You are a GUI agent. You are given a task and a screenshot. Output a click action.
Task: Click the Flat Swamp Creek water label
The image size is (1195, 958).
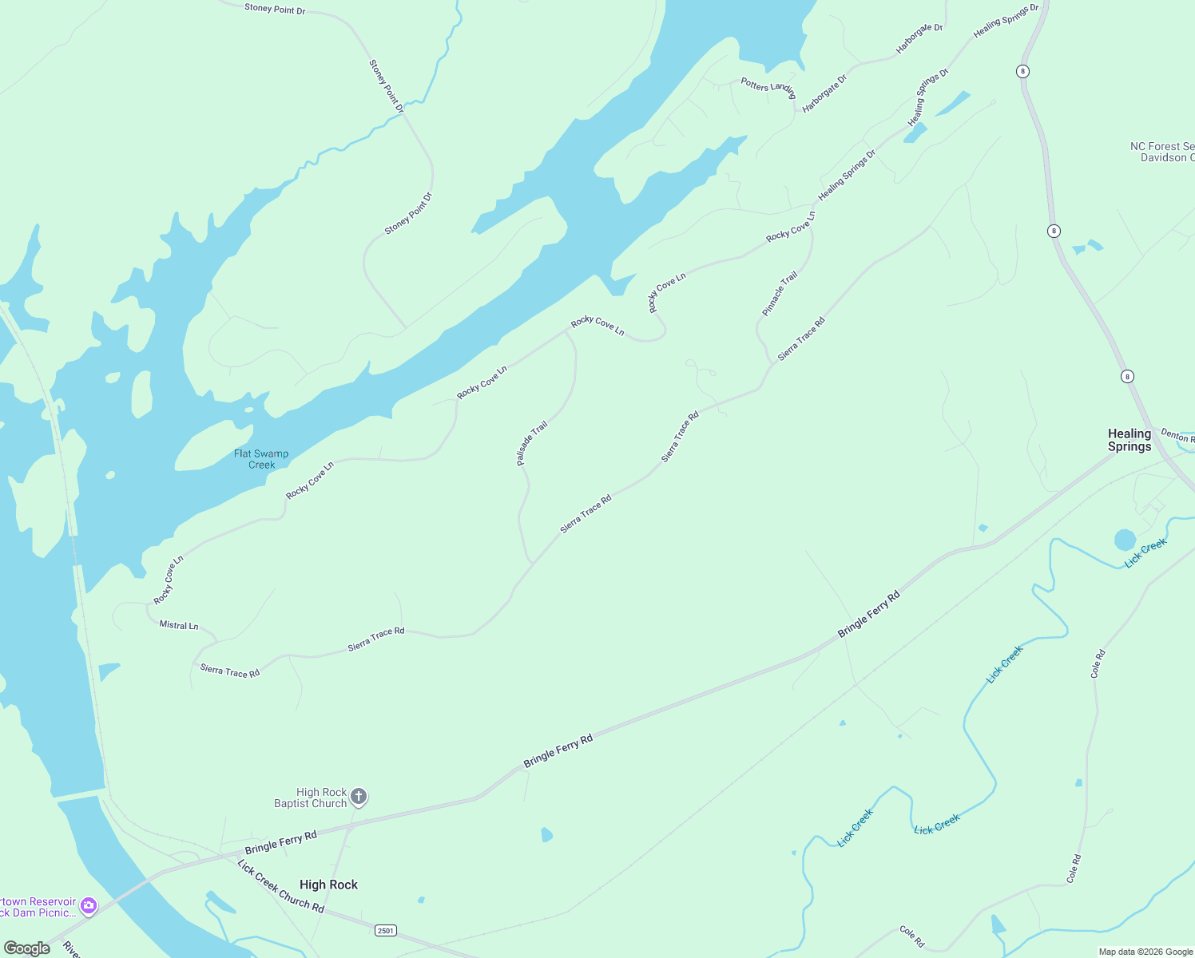coord(261,459)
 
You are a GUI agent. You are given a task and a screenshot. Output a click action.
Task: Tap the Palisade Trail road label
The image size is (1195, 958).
coord(532,443)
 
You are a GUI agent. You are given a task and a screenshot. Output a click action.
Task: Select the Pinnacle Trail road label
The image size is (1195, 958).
coord(780,294)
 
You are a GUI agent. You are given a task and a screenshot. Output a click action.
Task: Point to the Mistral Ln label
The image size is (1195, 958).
coord(179,625)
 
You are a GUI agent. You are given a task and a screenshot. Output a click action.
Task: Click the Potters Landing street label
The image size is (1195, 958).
coord(768,87)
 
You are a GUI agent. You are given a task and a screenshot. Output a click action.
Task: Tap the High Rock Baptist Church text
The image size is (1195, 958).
coord(311,798)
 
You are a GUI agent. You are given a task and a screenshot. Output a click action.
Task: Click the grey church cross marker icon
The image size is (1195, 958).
coord(359,796)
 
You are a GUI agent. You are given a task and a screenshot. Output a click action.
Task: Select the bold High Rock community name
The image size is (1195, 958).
coord(328,885)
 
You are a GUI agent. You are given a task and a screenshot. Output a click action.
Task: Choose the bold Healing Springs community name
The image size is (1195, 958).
coord(1129,440)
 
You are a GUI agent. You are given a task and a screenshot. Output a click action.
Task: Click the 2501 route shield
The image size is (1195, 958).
coord(386,931)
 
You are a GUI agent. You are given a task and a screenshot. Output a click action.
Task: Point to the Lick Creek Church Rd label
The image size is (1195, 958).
coord(280,886)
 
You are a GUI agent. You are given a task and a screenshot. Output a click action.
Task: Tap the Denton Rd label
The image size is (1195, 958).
coord(1177,435)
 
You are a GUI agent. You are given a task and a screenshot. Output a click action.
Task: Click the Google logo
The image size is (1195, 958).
coord(27,948)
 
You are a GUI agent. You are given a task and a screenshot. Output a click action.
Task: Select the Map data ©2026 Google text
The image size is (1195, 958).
coord(1145,952)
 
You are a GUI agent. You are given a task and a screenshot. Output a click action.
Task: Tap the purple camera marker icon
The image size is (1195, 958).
coord(89,905)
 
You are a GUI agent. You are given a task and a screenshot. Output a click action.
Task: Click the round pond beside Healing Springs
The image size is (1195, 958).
coord(1125,540)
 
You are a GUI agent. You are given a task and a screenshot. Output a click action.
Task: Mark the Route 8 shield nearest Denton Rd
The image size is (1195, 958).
coord(1127,377)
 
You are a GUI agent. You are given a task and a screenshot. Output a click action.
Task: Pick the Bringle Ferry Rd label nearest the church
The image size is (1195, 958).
coord(281,842)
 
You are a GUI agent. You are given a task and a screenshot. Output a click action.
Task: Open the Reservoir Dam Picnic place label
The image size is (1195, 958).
coord(38,907)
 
